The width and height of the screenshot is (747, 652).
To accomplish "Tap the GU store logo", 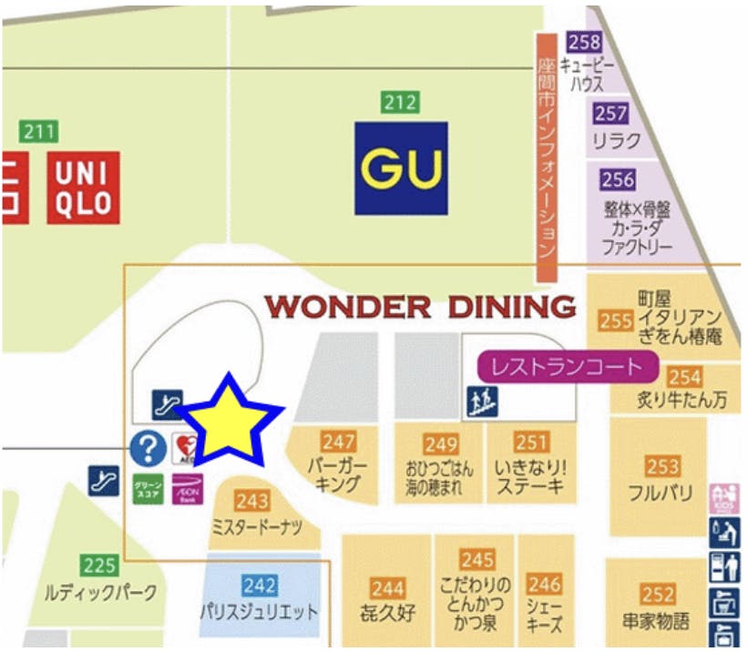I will click(401, 168).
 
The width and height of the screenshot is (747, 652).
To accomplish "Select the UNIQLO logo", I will click(84, 188).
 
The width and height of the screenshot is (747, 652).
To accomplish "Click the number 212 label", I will click(401, 102).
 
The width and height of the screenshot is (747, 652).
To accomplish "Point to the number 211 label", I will click(39, 131).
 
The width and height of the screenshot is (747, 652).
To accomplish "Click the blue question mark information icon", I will click(148, 447).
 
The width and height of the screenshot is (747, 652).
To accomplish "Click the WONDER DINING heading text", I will click(420, 307).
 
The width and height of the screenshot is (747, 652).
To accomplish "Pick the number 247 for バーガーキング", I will click(338, 442).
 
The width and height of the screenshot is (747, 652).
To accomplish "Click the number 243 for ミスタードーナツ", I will click(252, 501).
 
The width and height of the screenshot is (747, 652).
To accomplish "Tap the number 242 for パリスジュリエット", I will click(260, 586).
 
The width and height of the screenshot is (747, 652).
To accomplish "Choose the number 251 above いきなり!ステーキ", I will click(531, 443).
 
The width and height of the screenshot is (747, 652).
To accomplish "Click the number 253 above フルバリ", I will click(662, 467).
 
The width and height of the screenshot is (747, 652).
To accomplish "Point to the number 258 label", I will click(584, 42).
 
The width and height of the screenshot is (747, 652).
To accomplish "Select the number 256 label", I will click(618, 179).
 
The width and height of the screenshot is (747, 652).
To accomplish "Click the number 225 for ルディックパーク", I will click(99, 565).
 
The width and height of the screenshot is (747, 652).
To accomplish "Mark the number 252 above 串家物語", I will click(657, 596).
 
